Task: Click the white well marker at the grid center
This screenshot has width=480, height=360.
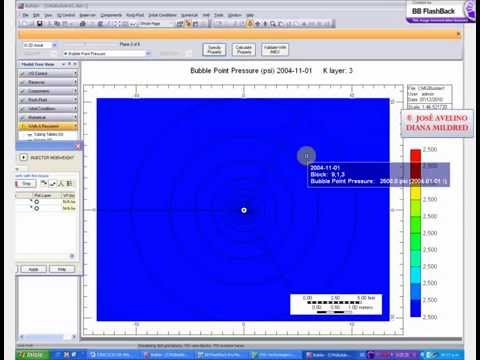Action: coord(245,210)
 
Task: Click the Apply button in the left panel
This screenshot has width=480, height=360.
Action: coord(32,269)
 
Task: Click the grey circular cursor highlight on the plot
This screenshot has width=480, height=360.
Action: coord(307,155)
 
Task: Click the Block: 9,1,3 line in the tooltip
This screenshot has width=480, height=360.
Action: coord(330,174)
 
